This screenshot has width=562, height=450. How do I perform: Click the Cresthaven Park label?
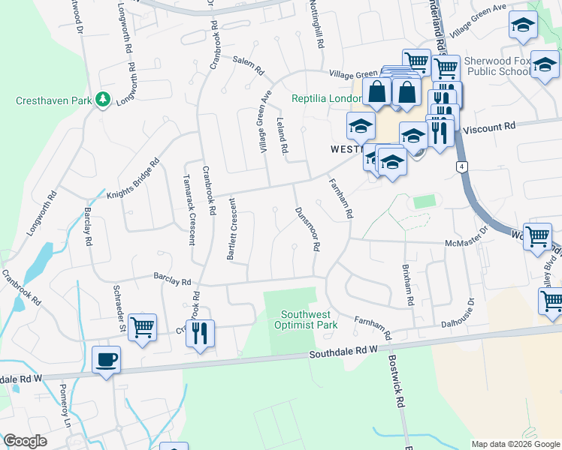(x=50, y=100)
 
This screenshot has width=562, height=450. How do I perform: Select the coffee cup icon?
(x=106, y=360)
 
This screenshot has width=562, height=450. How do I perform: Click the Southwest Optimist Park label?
(x=309, y=319)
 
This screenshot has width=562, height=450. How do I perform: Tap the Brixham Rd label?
(x=407, y=284)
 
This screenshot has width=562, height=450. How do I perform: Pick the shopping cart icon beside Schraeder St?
(x=142, y=328)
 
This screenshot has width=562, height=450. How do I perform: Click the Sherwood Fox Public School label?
(x=498, y=66)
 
